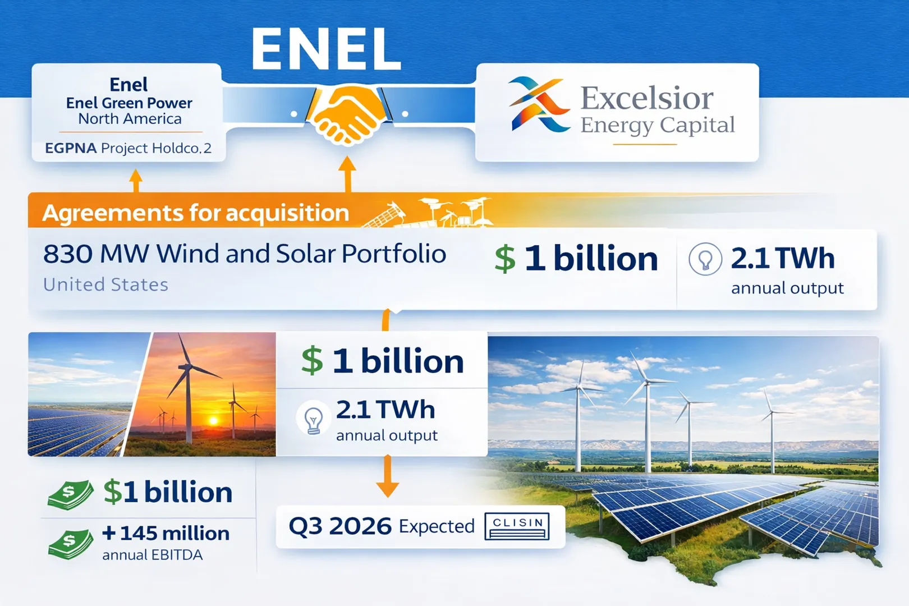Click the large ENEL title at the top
[x=326, y=49]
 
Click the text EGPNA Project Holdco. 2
[x=128, y=148]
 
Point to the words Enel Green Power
[x=129, y=103]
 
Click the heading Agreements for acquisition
[x=196, y=213]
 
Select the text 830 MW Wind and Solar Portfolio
[x=245, y=254]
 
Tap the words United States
[x=105, y=285]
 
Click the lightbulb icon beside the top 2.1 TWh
[x=705, y=259]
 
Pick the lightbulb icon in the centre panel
[x=313, y=419]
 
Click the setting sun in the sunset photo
[x=213, y=420]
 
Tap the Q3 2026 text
[x=340, y=526]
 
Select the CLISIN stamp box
[x=517, y=526]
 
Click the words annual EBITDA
[x=153, y=555]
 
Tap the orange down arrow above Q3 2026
[x=387, y=476]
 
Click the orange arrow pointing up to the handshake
[x=348, y=174]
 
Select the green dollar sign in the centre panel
[x=312, y=361]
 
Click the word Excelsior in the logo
[x=646, y=98]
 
